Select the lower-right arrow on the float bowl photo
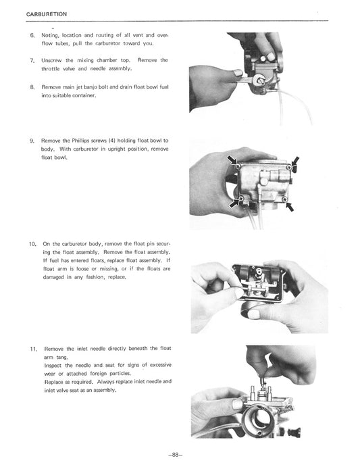tap(290, 206)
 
